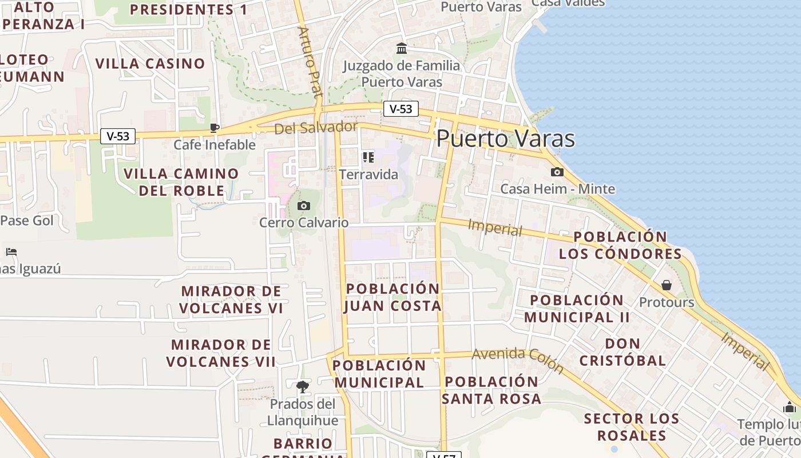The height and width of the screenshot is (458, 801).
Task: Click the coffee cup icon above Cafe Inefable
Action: tap(215, 128)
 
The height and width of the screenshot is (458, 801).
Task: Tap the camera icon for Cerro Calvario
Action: tap(304, 206)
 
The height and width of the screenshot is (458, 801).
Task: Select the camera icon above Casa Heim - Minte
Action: tap(557, 172)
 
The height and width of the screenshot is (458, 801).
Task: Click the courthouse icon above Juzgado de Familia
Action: tap(402, 48)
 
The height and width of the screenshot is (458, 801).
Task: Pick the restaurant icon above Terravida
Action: tap(368, 157)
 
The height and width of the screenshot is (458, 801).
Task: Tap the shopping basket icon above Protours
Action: tap(667, 285)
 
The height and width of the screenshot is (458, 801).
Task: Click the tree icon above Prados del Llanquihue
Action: tap(303, 387)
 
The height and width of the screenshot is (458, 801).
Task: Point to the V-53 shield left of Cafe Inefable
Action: tap(118, 136)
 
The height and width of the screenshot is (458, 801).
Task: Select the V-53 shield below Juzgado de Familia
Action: tap(401, 109)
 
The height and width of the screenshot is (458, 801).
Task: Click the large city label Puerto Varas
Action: tap(506, 139)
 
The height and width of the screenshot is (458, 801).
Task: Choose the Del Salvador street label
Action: tap(316, 128)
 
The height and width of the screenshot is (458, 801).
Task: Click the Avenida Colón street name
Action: tap(518, 361)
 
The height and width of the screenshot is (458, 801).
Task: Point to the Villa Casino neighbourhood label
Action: tap(150, 64)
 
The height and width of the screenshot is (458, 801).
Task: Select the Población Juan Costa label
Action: tap(392, 297)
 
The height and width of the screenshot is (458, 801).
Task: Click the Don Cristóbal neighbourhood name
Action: tap(622, 352)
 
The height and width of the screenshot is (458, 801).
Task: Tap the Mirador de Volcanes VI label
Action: tap(231, 299)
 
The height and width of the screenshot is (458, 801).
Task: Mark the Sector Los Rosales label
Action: tap(632, 427)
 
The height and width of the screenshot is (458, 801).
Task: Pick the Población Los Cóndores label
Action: tap(620, 245)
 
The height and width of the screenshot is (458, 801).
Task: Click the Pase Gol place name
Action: tap(27, 220)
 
